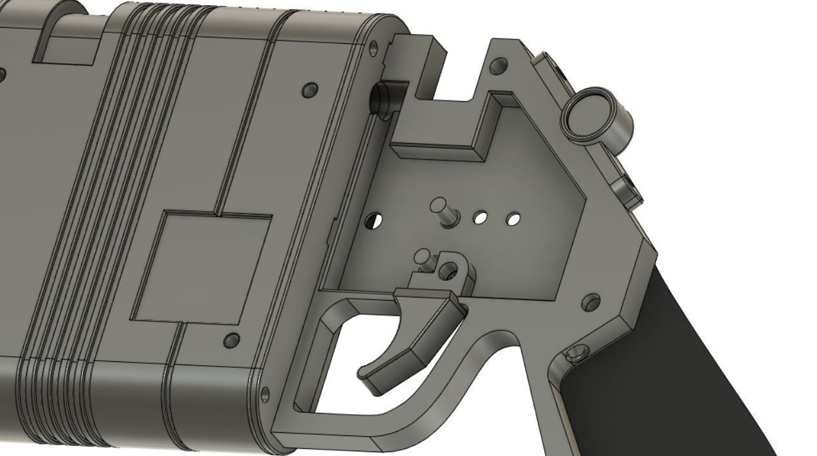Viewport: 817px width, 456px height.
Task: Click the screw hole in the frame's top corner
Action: pyautogui.click(x=497, y=66)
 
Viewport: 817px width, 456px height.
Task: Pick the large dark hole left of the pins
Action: pyautogui.click(x=372, y=222)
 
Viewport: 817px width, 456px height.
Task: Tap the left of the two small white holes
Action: pyautogui.click(x=480, y=218)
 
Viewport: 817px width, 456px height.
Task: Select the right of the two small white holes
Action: pyautogui.click(x=513, y=220)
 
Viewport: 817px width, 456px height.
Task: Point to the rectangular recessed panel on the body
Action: pyautogui.click(x=201, y=268)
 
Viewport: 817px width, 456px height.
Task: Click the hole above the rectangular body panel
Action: pyautogui.click(x=309, y=89)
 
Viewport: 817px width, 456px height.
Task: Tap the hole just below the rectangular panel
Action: pyautogui.click(x=232, y=340)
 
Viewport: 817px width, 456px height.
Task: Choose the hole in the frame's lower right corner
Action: pyautogui.click(x=591, y=301)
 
